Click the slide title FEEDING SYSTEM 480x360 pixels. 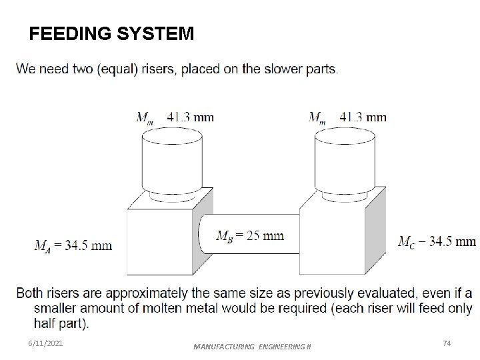112,34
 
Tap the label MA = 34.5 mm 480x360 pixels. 73,245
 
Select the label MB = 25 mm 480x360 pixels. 251,235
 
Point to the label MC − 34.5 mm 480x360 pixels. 437,241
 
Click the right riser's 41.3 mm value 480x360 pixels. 363,117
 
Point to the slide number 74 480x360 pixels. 447,343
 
